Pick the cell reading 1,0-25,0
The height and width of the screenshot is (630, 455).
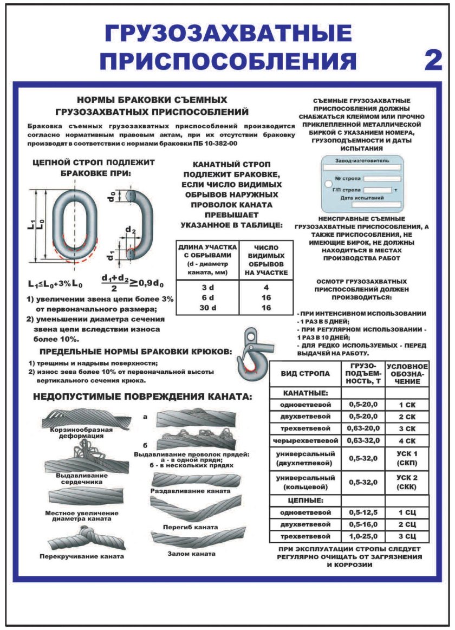362,536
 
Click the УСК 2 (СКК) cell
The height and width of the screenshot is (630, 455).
407,481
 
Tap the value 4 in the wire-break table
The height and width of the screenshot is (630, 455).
266,288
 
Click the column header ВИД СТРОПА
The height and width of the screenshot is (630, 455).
305,374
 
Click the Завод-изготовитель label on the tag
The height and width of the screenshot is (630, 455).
362,161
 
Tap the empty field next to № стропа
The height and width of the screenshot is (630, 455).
382,178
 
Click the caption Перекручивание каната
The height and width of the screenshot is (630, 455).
82,556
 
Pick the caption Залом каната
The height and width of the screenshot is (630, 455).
191,554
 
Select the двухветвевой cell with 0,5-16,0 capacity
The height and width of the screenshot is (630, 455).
305,524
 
